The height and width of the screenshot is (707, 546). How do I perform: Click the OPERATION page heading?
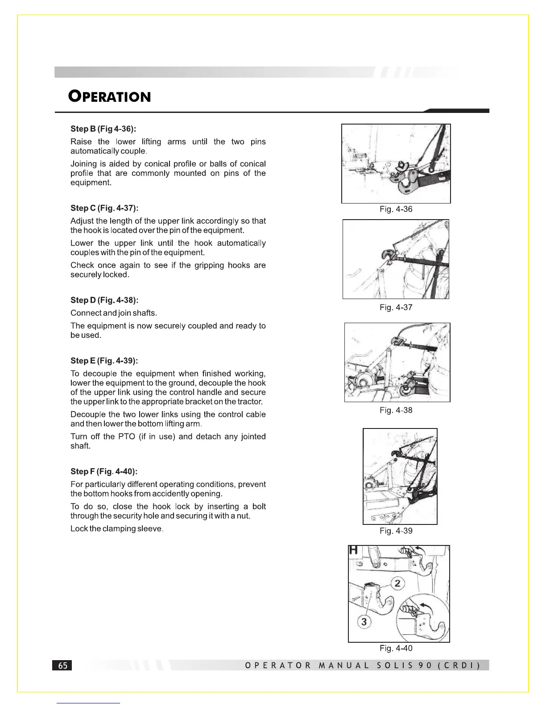[110, 96]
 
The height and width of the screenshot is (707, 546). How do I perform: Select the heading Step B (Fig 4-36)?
[103, 129]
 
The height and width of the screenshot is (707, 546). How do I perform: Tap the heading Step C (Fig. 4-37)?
[104, 208]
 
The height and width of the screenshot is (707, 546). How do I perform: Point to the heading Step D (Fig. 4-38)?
[104, 300]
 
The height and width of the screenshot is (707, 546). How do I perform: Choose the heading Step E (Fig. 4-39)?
[104, 361]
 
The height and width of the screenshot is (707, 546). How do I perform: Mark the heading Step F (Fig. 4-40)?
[104, 471]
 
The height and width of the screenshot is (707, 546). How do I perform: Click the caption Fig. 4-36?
[396, 209]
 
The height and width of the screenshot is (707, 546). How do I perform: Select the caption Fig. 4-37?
[396, 308]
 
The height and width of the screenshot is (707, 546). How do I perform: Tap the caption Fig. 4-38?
[396, 410]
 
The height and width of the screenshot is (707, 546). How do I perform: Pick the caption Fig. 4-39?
[396, 531]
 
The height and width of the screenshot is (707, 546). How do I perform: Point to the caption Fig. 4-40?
[396, 648]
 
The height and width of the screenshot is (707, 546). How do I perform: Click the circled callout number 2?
[397, 583]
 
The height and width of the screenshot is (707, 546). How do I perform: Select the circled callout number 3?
[364, 621]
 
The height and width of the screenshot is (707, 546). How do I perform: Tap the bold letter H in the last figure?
[354, 550]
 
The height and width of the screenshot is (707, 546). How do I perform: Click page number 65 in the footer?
[62, 665]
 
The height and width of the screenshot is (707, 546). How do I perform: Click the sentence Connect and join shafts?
[114, 313]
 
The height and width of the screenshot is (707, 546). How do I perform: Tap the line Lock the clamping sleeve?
[117, 529]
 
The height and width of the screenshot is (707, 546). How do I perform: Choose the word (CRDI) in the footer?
[459, 665]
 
